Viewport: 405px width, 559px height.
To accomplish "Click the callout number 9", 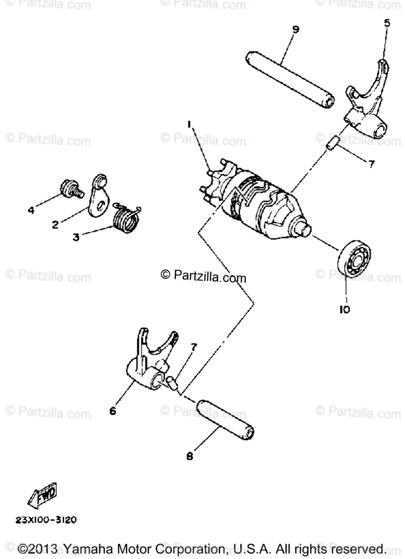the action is pos(296,29).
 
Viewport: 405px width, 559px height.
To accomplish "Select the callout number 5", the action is pos(387,22).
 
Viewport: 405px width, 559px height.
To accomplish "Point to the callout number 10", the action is pos(344,309).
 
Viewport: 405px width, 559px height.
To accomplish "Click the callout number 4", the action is pos(31,211).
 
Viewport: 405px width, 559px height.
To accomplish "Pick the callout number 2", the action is pos(55,225).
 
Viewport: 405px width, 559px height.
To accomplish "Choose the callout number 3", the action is pos(76,237).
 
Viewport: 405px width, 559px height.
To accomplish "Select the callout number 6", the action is pos(113,411).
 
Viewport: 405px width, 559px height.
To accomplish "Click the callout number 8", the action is pos(189,457).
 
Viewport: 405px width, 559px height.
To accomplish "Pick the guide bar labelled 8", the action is pos(226,420).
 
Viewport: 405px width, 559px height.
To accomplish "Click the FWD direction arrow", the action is pos(43,494).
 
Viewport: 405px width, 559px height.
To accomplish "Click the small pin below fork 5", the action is pos(331,145).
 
